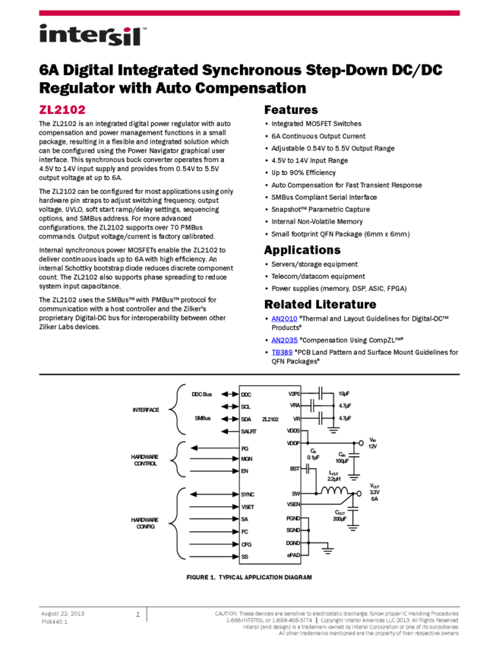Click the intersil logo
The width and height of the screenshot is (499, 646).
point(93,36)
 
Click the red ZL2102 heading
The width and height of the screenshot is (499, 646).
point(62,109)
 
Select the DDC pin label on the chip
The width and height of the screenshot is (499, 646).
point(246,394)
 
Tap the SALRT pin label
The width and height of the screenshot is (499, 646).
point(249,431)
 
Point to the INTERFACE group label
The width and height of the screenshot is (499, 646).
point(146,410)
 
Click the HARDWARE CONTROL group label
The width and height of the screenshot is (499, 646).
point(144,460)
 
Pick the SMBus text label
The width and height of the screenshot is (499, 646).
point(202,419)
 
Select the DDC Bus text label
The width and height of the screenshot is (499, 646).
point(201,394)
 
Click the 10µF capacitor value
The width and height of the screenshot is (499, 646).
point(344,394)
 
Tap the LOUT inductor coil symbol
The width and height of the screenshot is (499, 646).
point(333,492)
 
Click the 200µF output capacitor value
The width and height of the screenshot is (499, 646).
point(339,518)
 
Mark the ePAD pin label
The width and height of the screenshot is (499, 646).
point(294,556)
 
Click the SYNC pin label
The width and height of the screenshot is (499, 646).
point(248,494)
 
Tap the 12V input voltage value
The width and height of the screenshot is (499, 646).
point(373,447)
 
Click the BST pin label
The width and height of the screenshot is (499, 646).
point(295,469)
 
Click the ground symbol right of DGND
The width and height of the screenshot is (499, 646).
point(328,549)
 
